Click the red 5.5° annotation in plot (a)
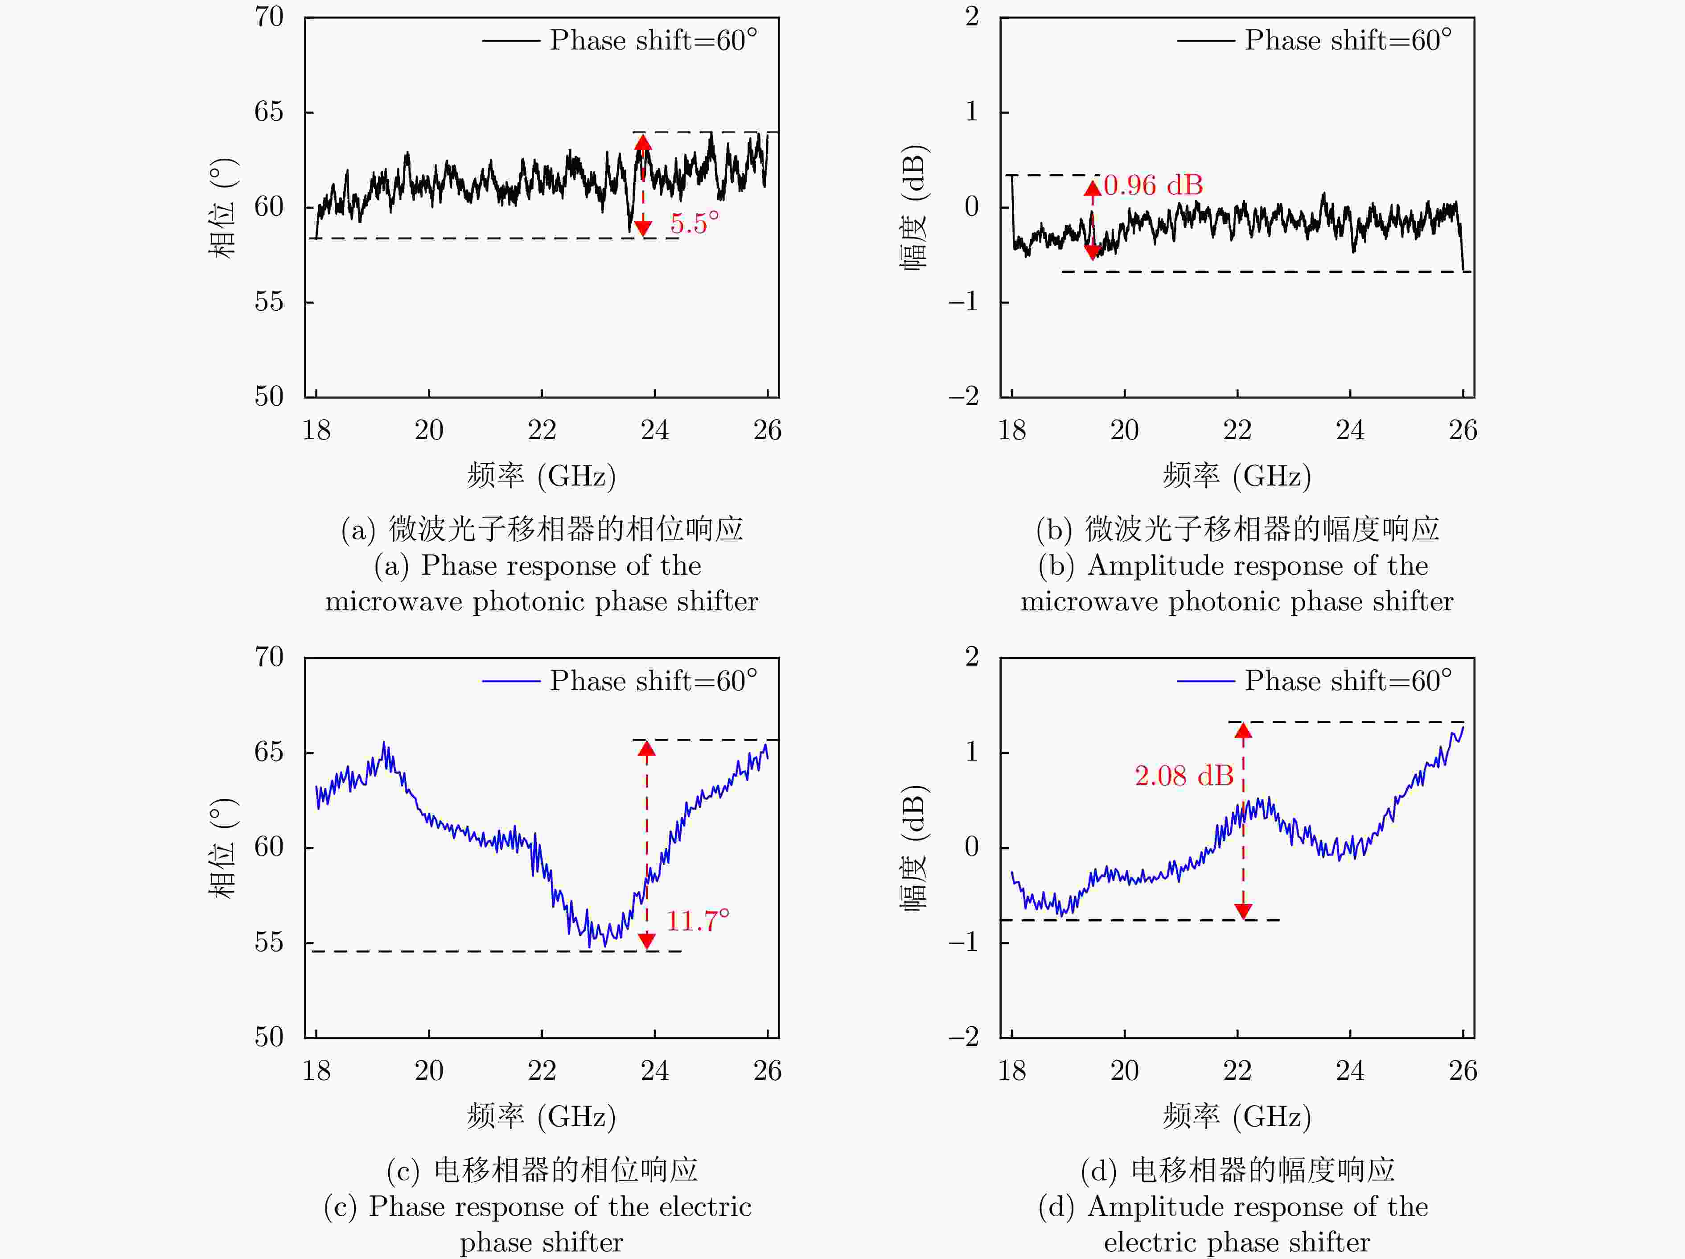694,223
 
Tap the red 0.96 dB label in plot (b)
1153,185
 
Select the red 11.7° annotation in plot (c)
697,921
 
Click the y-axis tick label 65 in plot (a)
269,112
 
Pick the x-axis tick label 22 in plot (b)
1237,430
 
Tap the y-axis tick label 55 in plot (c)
269,942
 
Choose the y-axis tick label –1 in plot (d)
964,942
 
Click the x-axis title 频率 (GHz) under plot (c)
542,1117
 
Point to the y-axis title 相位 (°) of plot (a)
222,207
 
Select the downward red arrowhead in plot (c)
647,941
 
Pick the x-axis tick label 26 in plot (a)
767,430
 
